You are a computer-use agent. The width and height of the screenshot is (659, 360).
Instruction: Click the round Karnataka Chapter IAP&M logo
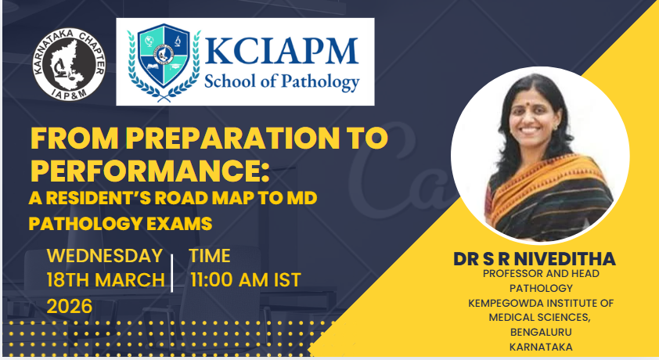coord(70,64)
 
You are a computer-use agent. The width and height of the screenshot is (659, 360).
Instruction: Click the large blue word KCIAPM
coord(282,51)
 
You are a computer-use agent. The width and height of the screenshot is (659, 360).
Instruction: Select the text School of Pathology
coord(282,82)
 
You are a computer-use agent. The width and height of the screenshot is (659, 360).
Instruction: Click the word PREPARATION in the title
coord(232,138)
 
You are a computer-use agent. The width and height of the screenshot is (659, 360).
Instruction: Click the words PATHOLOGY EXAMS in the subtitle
coord(121,224)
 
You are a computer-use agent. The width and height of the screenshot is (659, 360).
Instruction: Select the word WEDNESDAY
coord(105,256)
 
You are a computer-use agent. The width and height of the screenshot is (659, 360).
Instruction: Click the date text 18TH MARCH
coord(106,280)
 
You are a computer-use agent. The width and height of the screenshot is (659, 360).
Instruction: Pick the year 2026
coord(70,306)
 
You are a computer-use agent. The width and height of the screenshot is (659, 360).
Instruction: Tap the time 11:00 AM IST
coord(246,280)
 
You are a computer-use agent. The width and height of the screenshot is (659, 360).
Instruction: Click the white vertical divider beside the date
coord(172,273)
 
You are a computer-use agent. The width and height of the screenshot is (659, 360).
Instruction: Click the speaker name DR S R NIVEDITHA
coord(535,259)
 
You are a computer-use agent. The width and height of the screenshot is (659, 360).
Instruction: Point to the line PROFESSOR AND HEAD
coord(541,273)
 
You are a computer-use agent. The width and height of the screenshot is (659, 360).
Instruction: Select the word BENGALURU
coord(541,332)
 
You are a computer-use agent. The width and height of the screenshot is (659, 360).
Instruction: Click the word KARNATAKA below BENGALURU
coord(541,347)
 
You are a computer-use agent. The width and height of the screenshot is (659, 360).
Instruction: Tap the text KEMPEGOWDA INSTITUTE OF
coord(541,303)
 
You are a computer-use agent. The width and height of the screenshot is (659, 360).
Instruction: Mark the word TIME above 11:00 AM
coord(209,256)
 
